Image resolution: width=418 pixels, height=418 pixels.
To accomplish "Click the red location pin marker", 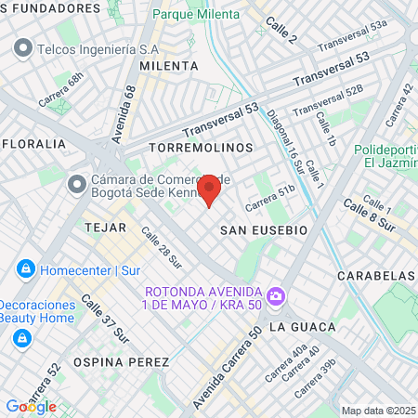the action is (x=209, y=189).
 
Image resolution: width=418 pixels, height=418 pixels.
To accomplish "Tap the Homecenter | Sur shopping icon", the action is (x=25, y=270).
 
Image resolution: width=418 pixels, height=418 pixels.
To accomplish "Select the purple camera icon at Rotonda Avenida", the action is (x=275, y=297).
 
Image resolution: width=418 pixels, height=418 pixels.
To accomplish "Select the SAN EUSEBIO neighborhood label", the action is (x=264, y=229).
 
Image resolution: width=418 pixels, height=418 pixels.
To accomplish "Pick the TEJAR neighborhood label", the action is (x=104, y=227).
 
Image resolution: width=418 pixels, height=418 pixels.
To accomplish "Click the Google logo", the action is (x=31, y=407).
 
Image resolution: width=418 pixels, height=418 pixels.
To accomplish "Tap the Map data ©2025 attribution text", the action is (x=378, y=411).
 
